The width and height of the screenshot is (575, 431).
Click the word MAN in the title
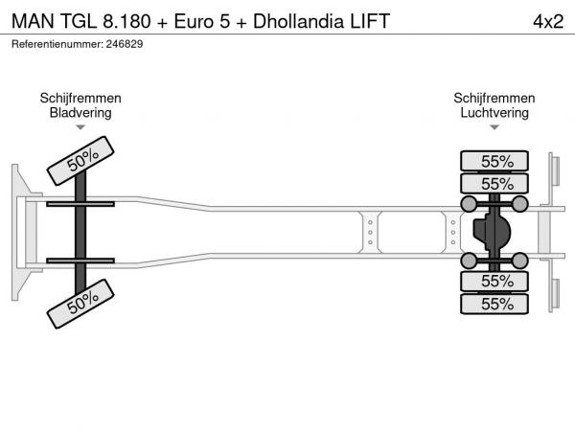click(x=32, y=21)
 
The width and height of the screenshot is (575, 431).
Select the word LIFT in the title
click(x=369, y=21)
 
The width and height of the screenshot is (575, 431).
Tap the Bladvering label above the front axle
click(x=80, y=112)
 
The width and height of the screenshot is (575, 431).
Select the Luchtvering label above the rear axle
click(x=495, y=112)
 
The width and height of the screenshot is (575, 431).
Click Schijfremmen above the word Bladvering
click(x=80, y=99)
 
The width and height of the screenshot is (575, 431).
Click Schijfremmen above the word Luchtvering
click(x=495, y=99)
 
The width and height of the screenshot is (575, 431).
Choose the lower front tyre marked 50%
click(x=82, y=305)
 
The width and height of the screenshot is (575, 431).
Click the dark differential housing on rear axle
click(x=494, y=232)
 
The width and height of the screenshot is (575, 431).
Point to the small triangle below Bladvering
click(x=80, y=127)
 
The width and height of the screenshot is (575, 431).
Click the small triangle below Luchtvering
click(x=495, y=127)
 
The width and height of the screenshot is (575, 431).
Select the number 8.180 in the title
click(x=135, y=21)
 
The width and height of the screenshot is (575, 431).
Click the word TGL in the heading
click(x=79, y=21)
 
